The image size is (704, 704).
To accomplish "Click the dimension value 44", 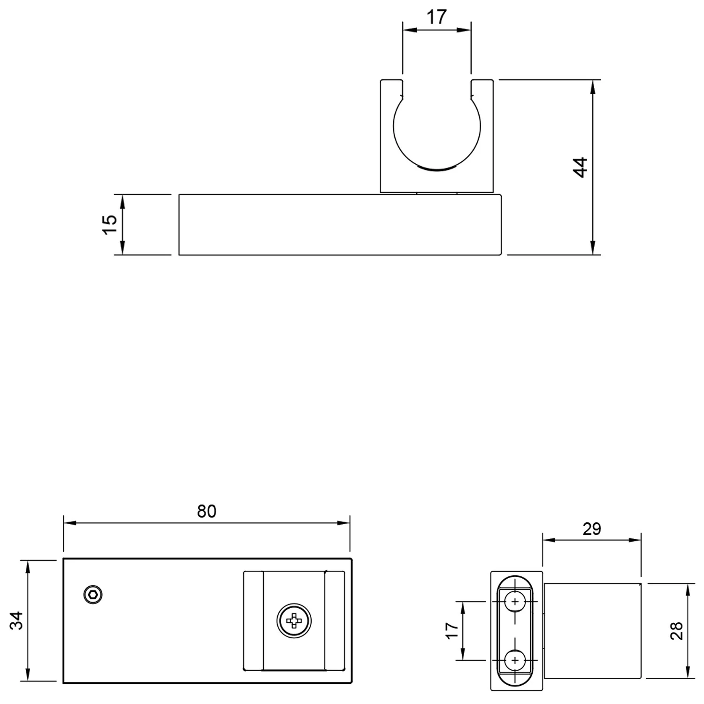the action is [x=581, y=167].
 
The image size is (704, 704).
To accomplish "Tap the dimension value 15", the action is [x=109, y=225].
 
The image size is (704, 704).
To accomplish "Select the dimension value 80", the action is [x=207, y=511].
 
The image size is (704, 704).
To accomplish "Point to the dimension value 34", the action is [x=17, y=620].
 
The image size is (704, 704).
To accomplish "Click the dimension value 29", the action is [x=592, y=529].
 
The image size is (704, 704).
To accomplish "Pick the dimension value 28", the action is [x=677, y=631].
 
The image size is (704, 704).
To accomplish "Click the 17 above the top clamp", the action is [x=436, y=17].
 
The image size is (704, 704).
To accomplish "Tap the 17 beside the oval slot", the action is [x=451, y=630].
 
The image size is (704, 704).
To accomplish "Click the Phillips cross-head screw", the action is [x=294, y=620].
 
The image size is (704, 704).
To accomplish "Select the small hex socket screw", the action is [x=93, y=595].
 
